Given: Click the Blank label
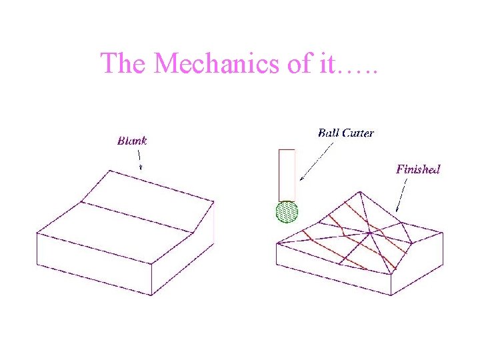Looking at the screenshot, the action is (x=132, y=141).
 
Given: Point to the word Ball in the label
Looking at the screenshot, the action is (x=328, y=133).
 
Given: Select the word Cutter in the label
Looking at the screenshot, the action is (x=357, y=133).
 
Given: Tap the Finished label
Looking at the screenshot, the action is (x=418, y=169).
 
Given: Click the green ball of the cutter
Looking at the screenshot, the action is (x=287, y=212).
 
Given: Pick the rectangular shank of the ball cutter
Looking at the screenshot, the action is (x=287, y=175).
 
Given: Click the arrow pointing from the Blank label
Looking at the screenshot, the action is (x=139, y=159).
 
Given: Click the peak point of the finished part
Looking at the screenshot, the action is (x=361, y=192).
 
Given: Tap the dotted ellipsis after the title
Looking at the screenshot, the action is (x=358, y=69).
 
